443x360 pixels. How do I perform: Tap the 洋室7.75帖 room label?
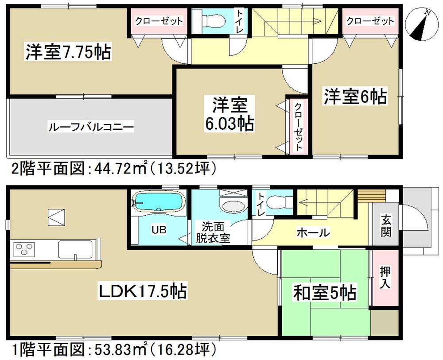(x=68, y=52)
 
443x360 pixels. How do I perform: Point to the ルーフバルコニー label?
(x=90, y=127)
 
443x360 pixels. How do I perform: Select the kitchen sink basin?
(x=75, y=250)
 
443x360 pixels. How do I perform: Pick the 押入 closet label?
(x=385, y=278)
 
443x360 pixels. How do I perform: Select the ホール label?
(x=313, y=232)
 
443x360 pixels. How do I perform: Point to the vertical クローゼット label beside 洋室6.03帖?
(x=299, y=126)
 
